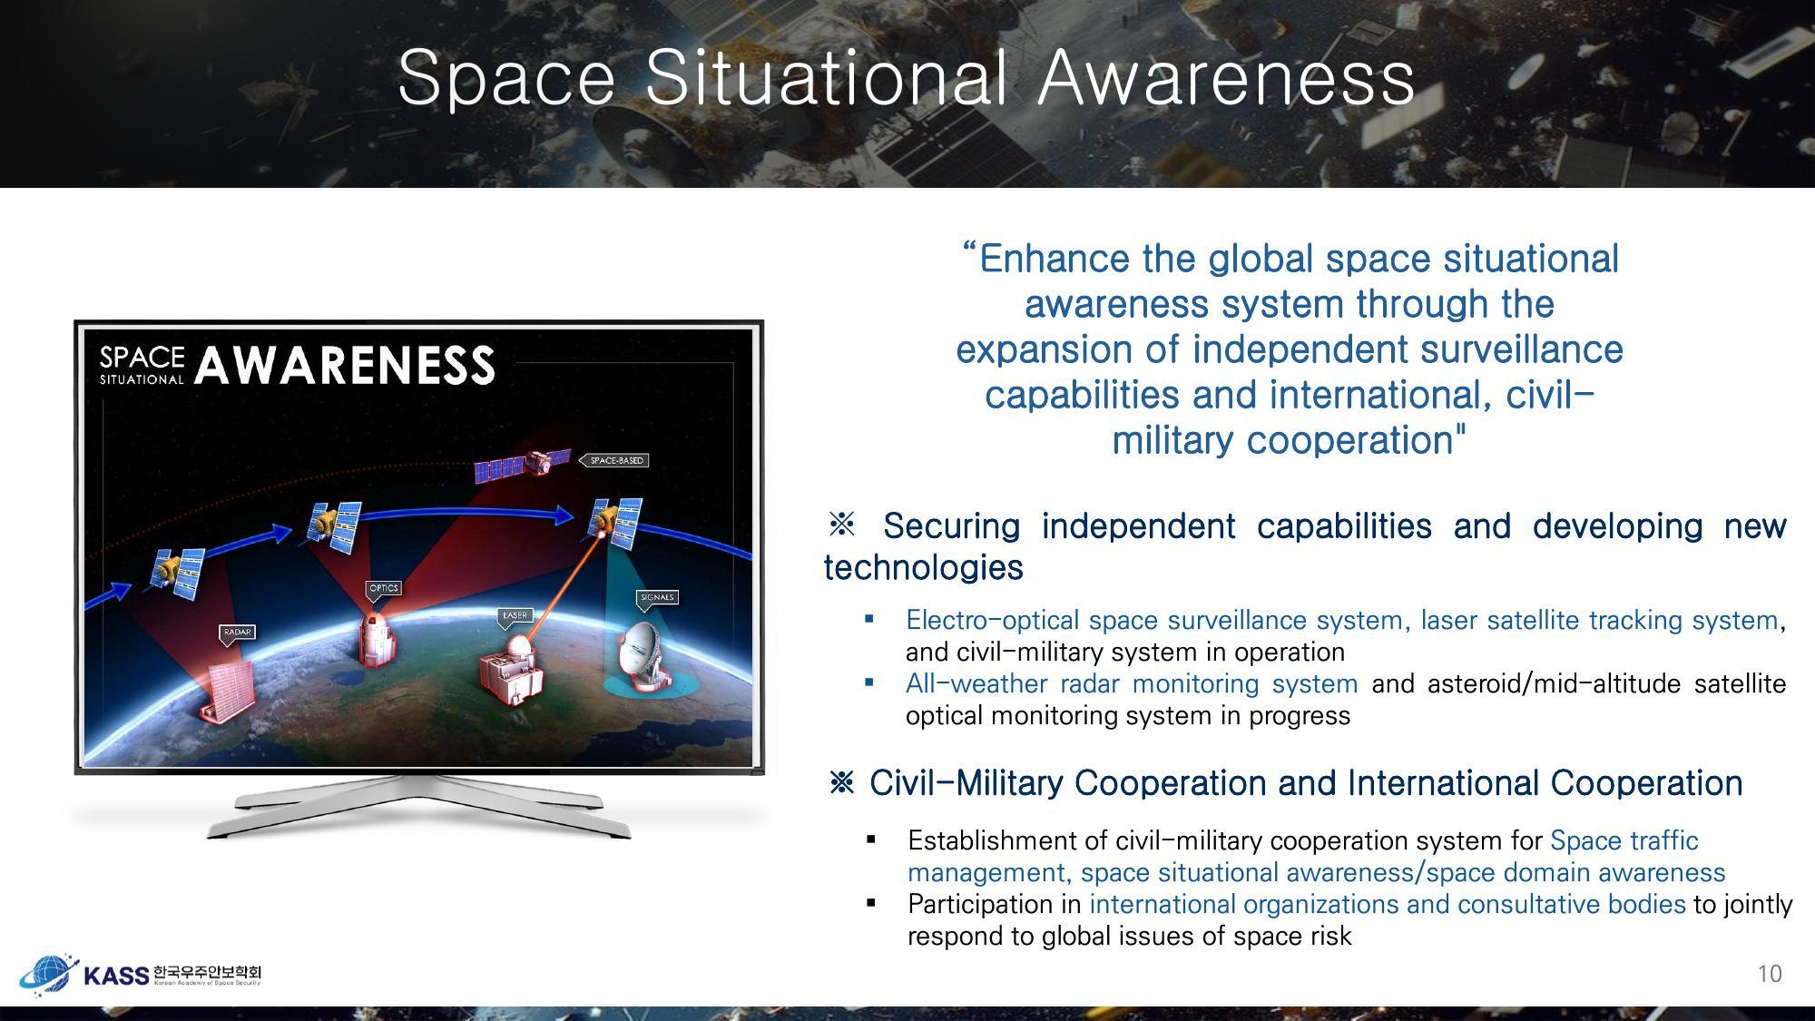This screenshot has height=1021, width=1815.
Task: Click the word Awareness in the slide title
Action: click(x=1225, y=78)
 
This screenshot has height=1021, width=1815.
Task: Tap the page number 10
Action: click(x=1770, y=974)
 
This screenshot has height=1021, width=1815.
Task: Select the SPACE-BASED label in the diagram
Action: click(x=616, y=461)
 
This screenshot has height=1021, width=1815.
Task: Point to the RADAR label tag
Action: click(x=236, y=632)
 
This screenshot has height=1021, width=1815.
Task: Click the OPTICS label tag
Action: click(x=384, y=588)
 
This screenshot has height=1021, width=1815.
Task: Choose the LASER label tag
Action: click(x=515, y=615)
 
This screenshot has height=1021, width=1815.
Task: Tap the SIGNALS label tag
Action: click(x=657, y=597)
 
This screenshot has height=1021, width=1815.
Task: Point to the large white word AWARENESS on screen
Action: click(x=345, y=365)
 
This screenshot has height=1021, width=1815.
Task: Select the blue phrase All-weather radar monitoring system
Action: click(x=1131, y=683)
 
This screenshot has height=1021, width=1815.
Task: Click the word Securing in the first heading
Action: click(x=951, y=526)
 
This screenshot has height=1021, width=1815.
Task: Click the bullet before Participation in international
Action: click(x=871, y=903)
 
